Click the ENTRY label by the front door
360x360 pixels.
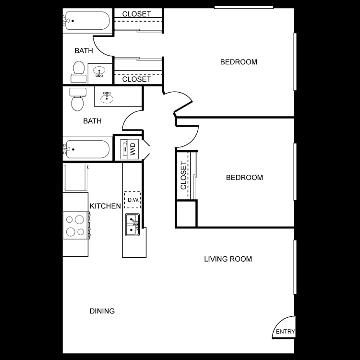click(x=285, y=332)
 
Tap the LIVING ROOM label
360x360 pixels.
click(x=228, y=259)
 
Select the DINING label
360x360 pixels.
click(x=102, y=311)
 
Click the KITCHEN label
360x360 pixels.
click(x=105, y=206)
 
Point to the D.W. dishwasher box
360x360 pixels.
click(x=132, y=200)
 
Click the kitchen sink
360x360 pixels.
click(x=132, y=225)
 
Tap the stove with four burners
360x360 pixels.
click(x=75, y=225)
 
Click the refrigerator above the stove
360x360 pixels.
click(x=75, y=178)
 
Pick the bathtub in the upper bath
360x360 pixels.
click(x=87, y=21)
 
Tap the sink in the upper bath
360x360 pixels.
click(x=100, y=72)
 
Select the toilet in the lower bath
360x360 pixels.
click(x=78, y=99)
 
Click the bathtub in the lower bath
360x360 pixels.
click(x=87, y=149)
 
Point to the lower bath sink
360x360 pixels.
click(x=107, y=98)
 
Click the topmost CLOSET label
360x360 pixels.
click(x=137, y=14)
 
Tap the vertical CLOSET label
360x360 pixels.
click(x=184, y=175)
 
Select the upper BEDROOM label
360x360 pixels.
click(x=239, y=62)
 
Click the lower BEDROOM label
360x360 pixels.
click(x=244, y=178)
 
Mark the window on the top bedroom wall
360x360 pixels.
click(x=243, y=7)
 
